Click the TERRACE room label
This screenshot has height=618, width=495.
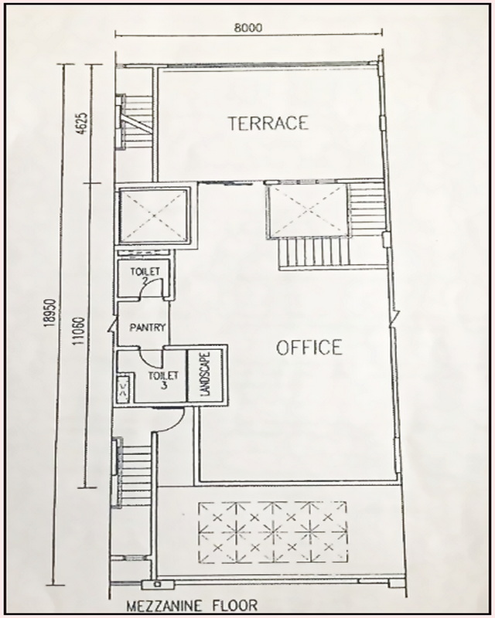click(x=268, y=122)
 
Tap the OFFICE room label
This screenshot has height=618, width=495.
click(x=309, y=348)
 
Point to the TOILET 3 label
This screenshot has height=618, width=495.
click(x=162, y=381)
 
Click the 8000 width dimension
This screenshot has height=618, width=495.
click(x=247, y=27)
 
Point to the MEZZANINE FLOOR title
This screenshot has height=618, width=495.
click(x=193, y=606)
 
